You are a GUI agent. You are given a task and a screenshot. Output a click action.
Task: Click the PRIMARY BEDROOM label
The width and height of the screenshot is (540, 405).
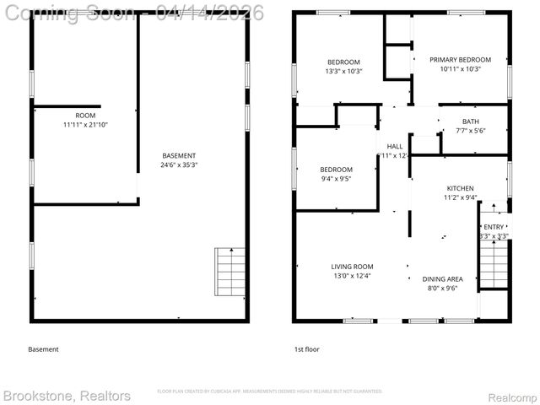(x=460, y=60)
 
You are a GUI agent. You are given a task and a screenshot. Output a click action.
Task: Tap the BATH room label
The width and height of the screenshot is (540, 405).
(x=470, y=121)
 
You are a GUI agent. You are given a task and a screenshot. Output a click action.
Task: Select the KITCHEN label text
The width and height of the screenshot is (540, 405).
(x=460, y=188)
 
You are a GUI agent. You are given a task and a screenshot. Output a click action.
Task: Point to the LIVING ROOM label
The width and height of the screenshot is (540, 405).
(x=352, y=267)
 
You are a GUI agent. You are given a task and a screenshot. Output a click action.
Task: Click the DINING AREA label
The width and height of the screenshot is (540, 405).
(x=442, y=278)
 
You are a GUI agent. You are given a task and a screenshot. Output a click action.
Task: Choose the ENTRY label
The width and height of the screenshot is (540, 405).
(x=493, y=227)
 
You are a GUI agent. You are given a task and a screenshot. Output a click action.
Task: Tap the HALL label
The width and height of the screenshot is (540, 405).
(x=395, y=146)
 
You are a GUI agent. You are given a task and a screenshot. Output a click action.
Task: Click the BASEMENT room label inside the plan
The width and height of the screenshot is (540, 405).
(x=179, y=155)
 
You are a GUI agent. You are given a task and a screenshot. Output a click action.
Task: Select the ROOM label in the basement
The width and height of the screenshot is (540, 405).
(x=85, y=116)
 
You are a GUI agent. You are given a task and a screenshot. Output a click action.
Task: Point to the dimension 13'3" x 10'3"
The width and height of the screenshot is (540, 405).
(x=343, y=71)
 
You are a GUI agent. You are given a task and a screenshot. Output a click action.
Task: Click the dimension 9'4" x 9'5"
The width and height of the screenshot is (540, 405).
(x=312, y=179)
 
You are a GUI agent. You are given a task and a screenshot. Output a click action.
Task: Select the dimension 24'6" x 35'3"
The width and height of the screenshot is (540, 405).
(x=179, y=165)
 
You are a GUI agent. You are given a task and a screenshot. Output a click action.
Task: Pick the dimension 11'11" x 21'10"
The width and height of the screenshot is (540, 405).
(x=85, y=125)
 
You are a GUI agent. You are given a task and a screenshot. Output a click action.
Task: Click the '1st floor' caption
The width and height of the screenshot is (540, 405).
(x=306, y=349)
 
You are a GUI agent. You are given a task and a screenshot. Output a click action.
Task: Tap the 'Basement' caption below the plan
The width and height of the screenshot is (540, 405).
(x=44, y=349)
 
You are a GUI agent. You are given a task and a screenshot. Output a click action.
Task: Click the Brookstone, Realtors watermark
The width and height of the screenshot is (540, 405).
(x=67, y=396)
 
